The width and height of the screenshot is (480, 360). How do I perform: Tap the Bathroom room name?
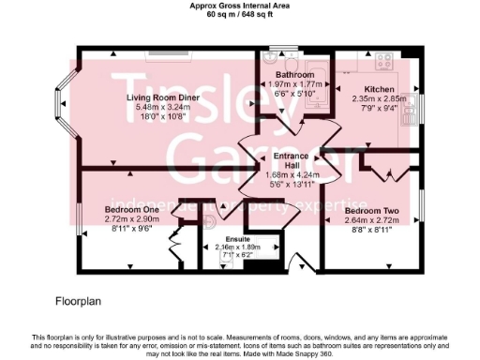[294, 74]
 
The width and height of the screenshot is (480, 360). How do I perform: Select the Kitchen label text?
[380, 89]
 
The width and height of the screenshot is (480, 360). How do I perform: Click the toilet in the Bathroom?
[277, 52]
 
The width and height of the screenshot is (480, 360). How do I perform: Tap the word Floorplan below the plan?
[78, 303]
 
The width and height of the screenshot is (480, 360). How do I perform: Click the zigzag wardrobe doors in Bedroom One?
[173, 247]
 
